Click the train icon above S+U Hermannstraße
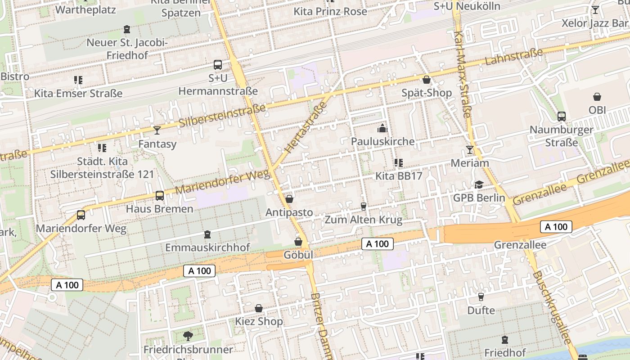(218, 65)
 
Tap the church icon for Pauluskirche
(382, 129)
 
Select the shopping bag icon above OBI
(597, 97)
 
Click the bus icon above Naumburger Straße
(561, 117)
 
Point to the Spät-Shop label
(427, 93)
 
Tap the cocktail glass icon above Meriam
(470, 149)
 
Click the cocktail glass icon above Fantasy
(157, 130)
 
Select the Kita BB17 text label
(399, 175)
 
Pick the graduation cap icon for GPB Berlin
(478, 185)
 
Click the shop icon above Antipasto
(289, 199)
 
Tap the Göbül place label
(298, 255)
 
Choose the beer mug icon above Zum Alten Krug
(364, 207)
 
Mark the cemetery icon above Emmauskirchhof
(207, 234)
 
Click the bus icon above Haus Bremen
(159, 196)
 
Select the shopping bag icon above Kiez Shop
(259, 309)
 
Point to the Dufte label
(481, 310)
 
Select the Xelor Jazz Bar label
(594, 23)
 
